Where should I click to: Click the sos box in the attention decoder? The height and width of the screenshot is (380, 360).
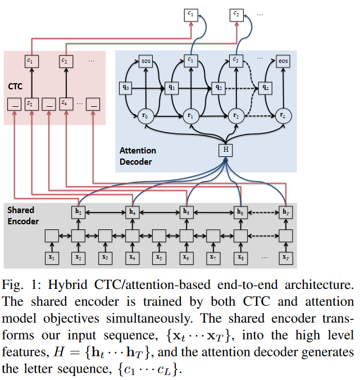pyautogui.click(x=146, y=60)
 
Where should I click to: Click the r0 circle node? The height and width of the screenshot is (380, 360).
pyautogui.click(x=145, y=116)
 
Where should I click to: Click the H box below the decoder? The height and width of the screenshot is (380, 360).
pyautogui.click(x=225, y=149)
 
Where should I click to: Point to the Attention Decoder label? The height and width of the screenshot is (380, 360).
pyautogui.click(x=138, y=156)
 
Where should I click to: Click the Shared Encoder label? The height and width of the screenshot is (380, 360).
pyautogui.click(x=23, y=215)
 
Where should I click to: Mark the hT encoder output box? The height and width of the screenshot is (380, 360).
pyautogui.click(x=286, y=212)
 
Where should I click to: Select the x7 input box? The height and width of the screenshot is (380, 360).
pyautogui.click(x=212, y=257)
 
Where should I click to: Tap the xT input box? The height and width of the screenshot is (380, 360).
pyautogui.click(x=286, y=257)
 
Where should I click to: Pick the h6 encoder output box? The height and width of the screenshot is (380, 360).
pyautogui.click(x=185, y=212)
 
